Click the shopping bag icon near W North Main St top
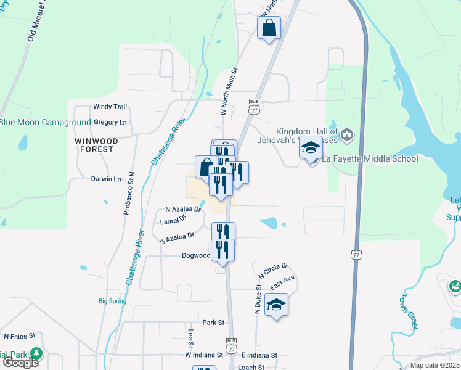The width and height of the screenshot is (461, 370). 269,27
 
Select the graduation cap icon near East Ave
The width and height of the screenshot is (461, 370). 276,304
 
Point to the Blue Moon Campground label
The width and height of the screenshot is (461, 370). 45,123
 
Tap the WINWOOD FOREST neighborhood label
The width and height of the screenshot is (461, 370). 94,145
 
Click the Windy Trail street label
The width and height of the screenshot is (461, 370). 110,107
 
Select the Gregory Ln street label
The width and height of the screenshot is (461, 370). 110,123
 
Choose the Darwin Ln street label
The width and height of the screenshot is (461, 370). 106,179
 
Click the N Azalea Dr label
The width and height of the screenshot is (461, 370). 183,209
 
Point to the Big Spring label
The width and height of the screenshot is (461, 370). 113,302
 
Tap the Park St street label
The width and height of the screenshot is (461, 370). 213,323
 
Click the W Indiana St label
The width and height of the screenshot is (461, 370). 203,355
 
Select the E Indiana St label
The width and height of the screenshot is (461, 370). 259,355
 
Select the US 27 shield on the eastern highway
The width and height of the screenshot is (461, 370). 356,255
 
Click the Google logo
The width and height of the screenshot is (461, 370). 20,363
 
